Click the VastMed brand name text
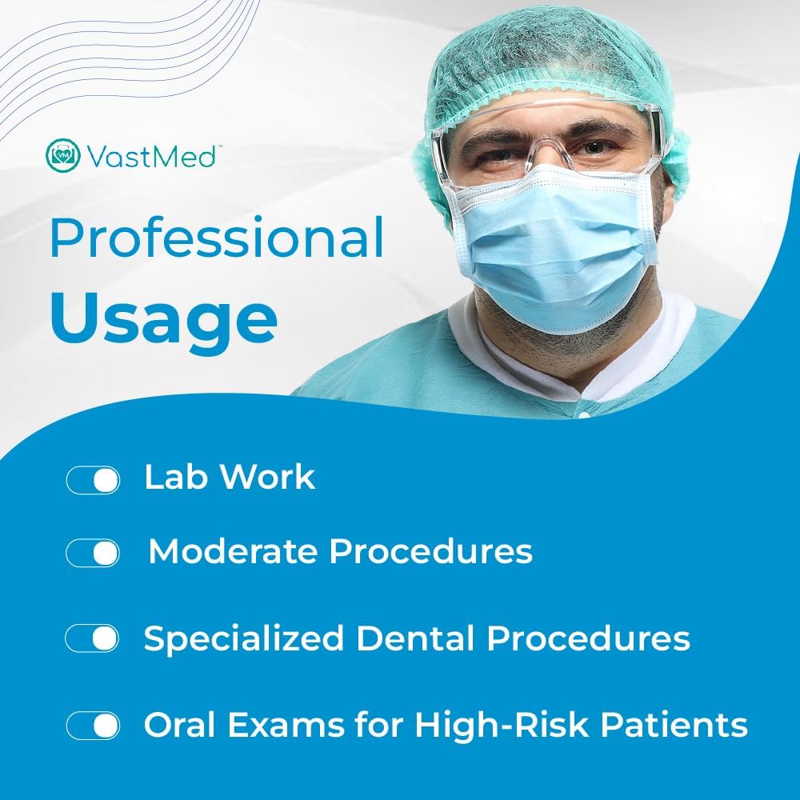pyautogui.click(x=151, y=156)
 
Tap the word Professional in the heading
pyautogui.click(x=217, y=238)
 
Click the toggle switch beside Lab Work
pyautogui.click(x=93, y=480)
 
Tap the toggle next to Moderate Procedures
pyautogui.click(x=93, y=553)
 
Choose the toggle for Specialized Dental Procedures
pyautogui.click(x=92, y=638)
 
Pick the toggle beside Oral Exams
pyautogui.click(x=93, y=726)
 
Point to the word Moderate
pyautogui.click(x=232, y=551)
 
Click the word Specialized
pyautogui.click(x=243, y=638)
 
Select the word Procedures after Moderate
pyautogui.click(x=430, y=551)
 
